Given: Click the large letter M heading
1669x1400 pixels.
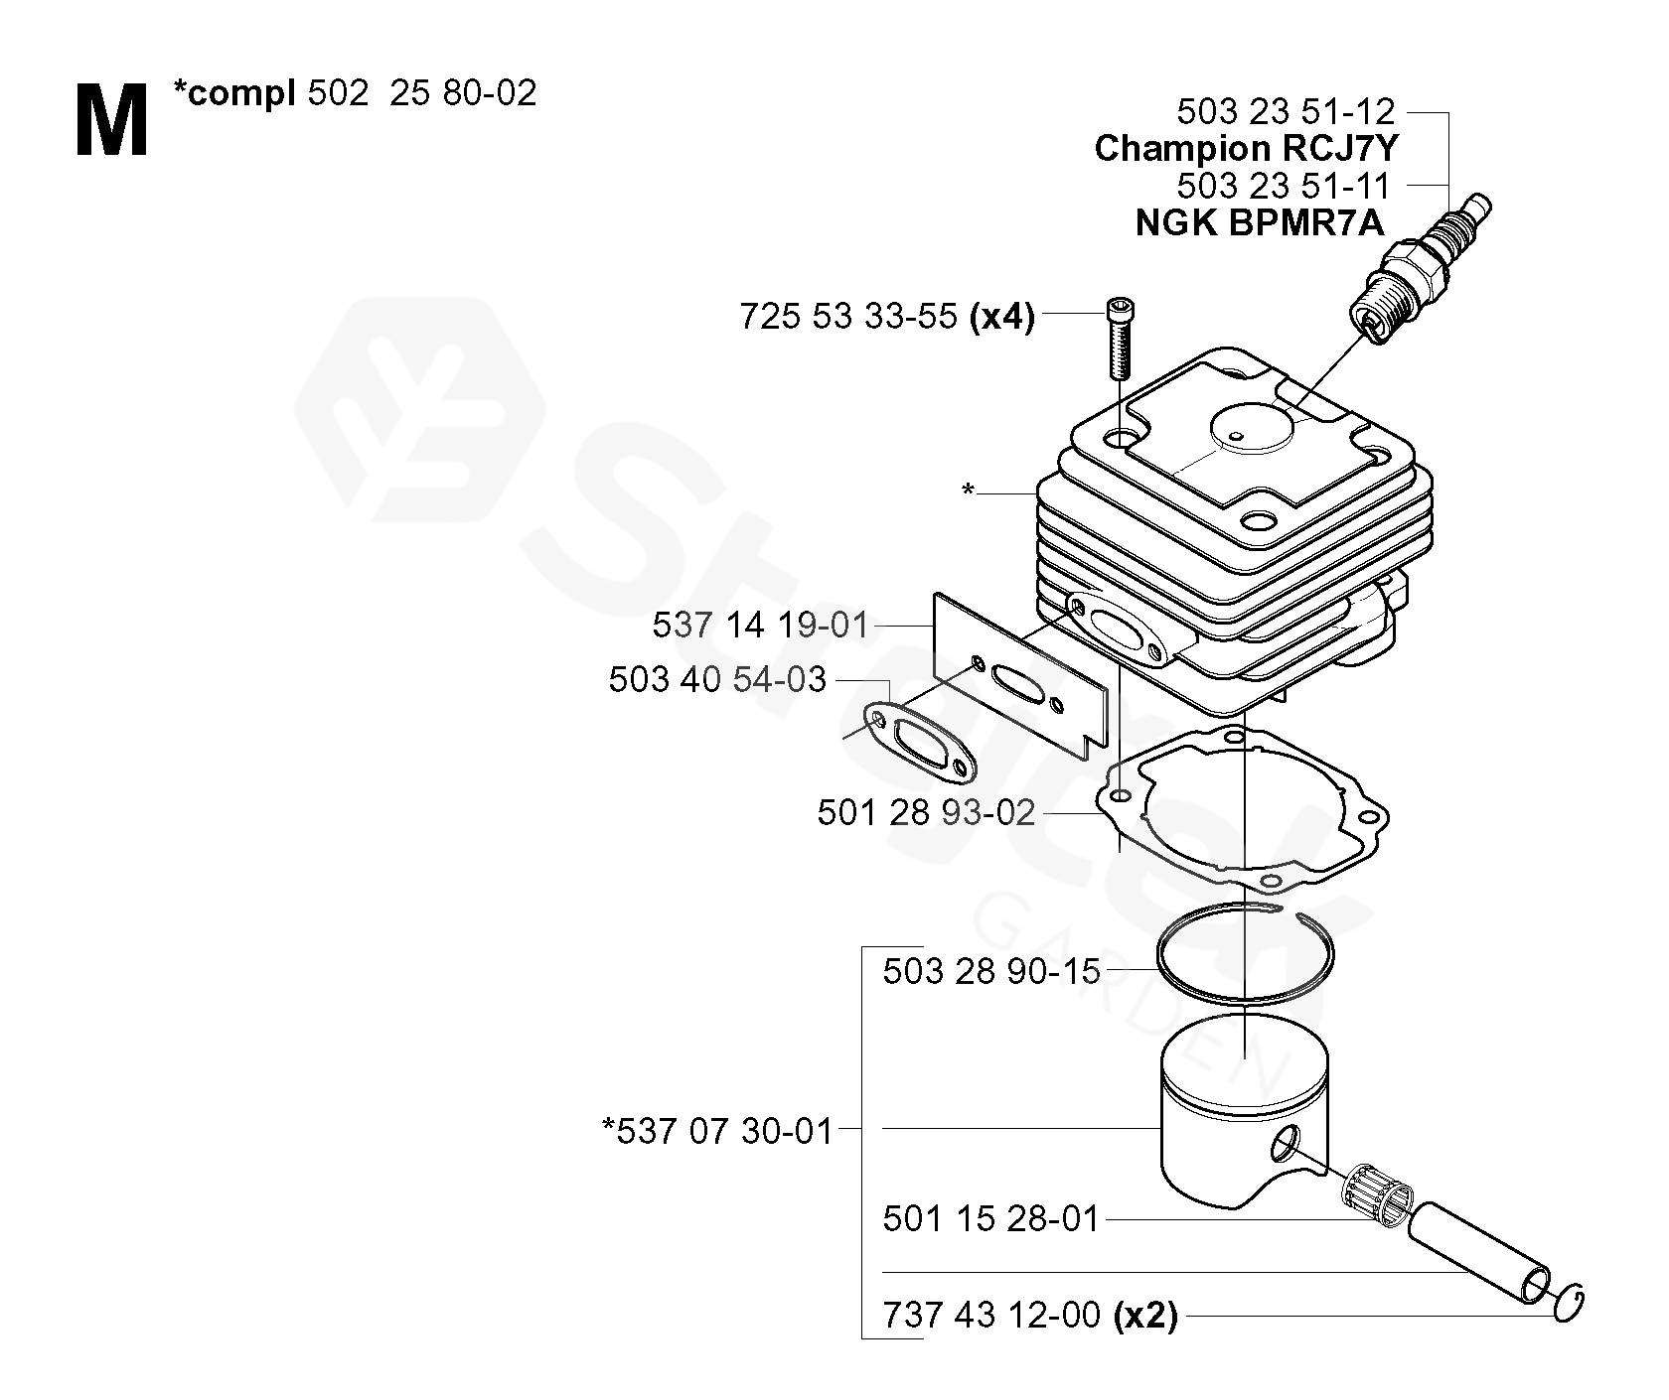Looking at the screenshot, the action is (x=111, y=121).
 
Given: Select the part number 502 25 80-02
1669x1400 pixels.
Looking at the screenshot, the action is (x=422, y=93).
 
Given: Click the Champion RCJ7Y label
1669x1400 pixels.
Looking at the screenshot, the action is (x=1246, y=148).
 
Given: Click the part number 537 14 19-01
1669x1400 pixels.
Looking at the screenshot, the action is (x=760, y=626).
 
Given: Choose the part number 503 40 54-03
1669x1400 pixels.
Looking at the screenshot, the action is (x=717, y=679).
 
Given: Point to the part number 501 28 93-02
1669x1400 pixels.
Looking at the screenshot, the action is (x=926, y=813).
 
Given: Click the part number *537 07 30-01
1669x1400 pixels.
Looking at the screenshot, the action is (x=716, y=1130).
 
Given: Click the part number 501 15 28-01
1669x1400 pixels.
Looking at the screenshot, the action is (x=991, y=1218).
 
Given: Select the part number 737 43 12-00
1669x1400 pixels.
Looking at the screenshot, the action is (x=991, y=1316).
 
